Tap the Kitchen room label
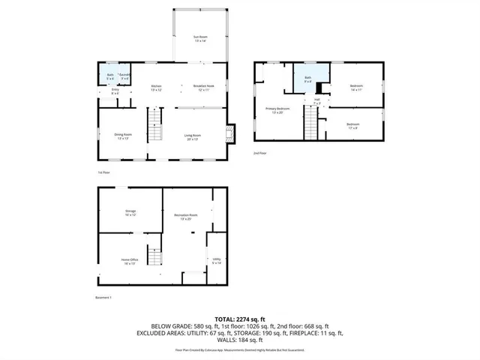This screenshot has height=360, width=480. click(x=157, y=88)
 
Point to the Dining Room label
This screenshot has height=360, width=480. click(x=124, y=137)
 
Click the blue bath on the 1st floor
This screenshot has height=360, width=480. click(x=109, y=76)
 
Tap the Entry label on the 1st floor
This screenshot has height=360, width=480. click(x=115, y=92)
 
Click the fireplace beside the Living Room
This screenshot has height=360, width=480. click(x=231, y=133)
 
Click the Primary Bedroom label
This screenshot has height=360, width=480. click(x=277, y=110)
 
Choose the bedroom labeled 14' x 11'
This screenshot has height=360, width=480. click(x=356, y=88)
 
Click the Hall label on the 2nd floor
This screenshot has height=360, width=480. click(x=317, y=100)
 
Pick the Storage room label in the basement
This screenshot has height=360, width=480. click(x=130, y=213)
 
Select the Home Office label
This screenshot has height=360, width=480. click(x=129, y=261)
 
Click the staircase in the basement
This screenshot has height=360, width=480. click(x=154, y=256)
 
